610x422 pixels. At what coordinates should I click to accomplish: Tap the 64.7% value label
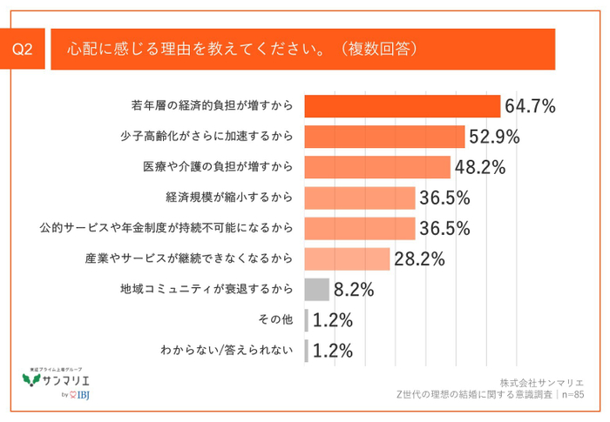(530, 106)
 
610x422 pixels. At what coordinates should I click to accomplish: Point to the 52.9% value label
(494, 137)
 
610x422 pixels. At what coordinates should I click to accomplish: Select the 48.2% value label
(480, 167)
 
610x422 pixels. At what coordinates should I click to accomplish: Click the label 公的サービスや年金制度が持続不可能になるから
(165, 228)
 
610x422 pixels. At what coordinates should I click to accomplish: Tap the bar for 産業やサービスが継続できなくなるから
(347, 258)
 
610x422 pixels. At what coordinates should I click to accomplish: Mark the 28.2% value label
(419, 258)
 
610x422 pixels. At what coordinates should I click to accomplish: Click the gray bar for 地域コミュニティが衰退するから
(317, 289)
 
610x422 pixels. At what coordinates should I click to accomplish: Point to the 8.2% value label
(354, 289)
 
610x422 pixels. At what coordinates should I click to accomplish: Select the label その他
(276, 319)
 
